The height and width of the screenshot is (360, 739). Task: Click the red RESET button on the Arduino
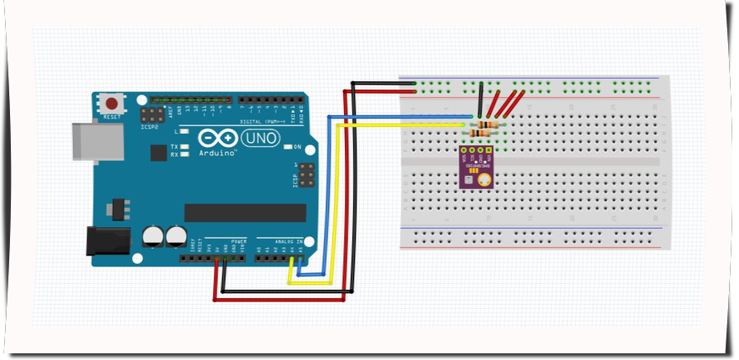(112, 103)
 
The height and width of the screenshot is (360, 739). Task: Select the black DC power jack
(108, 241)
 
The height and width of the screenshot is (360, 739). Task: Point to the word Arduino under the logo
(219, 154)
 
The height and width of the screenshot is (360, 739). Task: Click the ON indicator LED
(287, 147)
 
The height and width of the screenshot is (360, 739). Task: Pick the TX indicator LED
(183, 146)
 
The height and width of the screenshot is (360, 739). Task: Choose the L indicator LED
(183, 132)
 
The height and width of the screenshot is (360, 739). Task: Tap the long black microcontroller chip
(239, 212)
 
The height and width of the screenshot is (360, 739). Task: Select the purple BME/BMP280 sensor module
(476, 166)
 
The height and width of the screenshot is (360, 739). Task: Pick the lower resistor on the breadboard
(483, 133)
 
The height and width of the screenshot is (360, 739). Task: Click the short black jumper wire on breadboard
(480, 102)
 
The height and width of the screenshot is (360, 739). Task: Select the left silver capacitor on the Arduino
(153, 236)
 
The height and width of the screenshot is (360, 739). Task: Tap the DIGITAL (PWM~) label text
(264, 121)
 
